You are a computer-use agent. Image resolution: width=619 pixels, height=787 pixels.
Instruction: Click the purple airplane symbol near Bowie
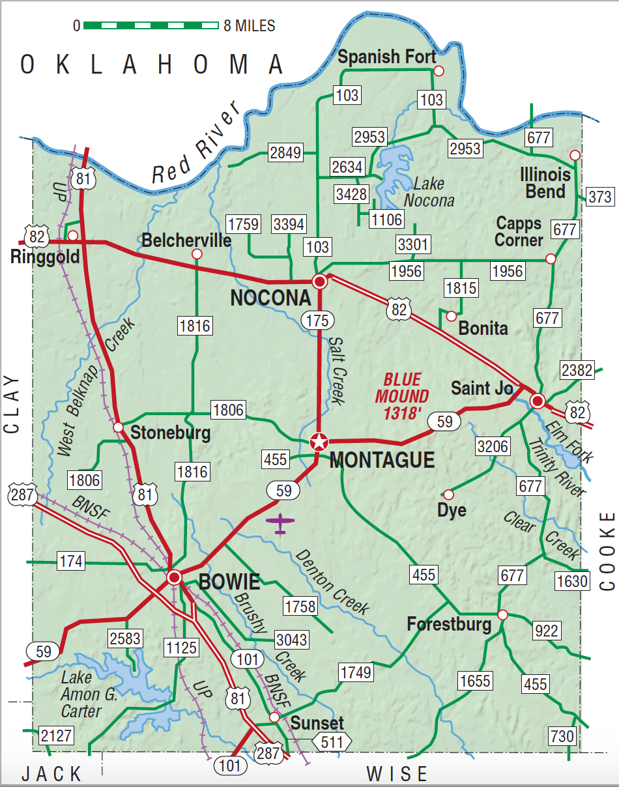click(x=280, y=523)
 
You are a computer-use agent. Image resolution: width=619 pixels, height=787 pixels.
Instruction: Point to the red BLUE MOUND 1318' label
click(x=402, y=396)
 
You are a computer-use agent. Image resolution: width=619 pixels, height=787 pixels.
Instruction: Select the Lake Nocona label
click(x=429, y=192)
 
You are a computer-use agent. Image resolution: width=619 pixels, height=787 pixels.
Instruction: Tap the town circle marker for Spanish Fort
click(x=439, y=70)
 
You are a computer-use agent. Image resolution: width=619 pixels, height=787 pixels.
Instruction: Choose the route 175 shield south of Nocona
click(x=317, y=319)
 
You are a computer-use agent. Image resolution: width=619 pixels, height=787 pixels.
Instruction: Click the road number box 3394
click(x=289, y=224)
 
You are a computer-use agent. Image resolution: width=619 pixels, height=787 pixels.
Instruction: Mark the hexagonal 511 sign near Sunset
click(x=332, y=741)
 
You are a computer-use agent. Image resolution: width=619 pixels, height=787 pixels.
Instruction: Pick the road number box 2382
click(x=577, y=370)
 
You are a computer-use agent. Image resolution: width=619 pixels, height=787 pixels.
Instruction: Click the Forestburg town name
click(x=449, y=624)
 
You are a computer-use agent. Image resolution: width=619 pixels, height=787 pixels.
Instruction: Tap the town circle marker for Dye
click(x=448, y=494)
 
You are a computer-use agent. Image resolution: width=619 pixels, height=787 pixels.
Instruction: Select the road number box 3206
click(x=493, y=446)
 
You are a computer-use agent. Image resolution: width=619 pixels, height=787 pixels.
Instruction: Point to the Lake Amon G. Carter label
click(x=90, y=694)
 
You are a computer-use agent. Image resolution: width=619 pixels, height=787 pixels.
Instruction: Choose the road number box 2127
click(x=57, y=736)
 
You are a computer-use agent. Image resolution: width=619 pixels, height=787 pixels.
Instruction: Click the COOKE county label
click(x=607, y=551)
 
